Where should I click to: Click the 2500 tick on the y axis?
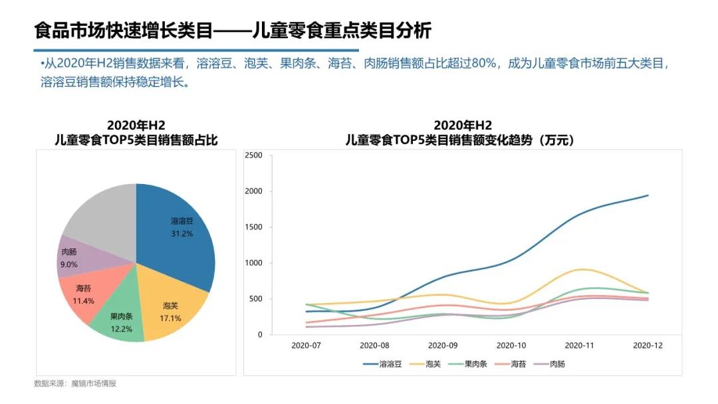[255, 155]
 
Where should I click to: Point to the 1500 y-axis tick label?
[255, 227]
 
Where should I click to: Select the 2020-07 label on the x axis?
[306, 346]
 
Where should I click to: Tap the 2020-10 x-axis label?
[511, 346]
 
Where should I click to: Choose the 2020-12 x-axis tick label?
[648, 346]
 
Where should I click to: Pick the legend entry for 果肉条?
[469, 364]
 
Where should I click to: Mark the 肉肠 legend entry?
[551, 364]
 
